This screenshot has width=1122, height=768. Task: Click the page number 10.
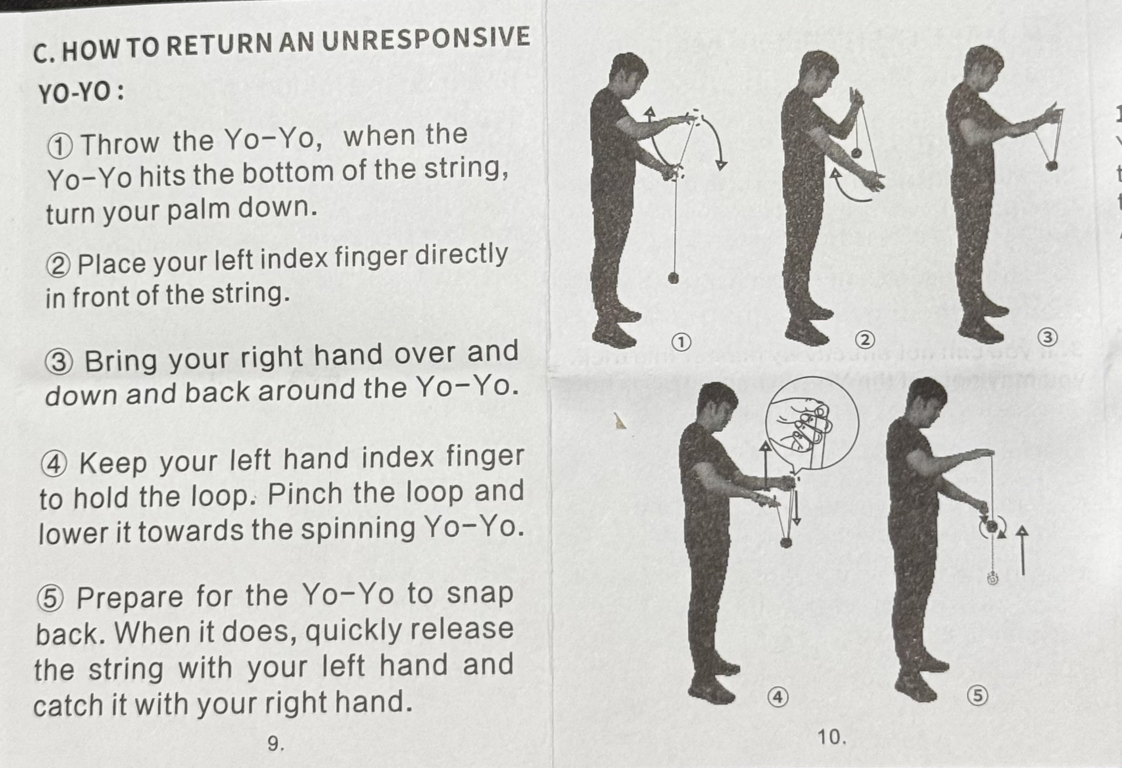pos(832,737)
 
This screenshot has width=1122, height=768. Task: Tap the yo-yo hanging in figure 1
pos(673,278)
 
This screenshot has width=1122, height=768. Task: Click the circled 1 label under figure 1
pos(680,342)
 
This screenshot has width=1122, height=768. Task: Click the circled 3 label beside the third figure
pos(1048,336)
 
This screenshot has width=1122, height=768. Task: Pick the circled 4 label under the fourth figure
pos(778,697)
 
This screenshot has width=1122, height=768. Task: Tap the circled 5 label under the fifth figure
pos(978,696)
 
